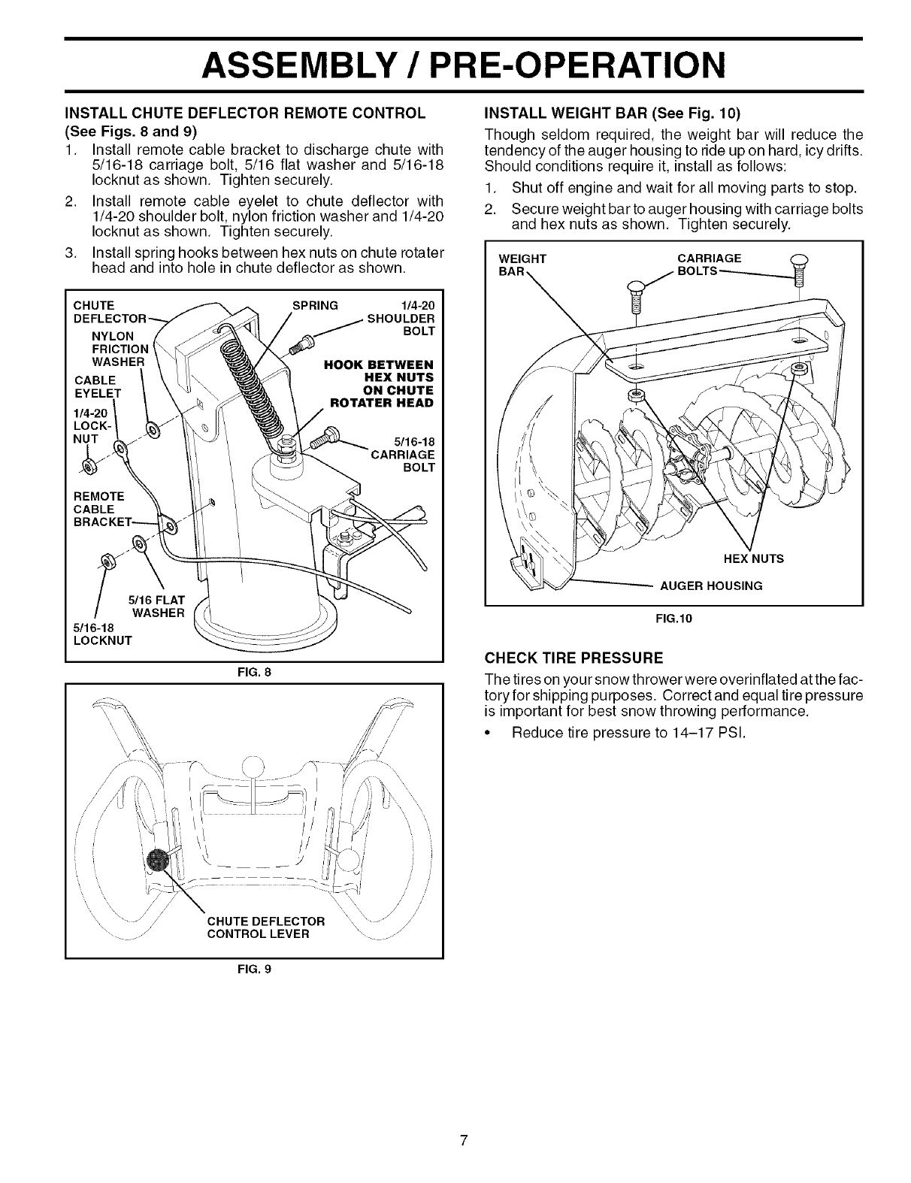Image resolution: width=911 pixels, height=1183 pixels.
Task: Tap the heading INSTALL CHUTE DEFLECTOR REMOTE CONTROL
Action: click(246, 113)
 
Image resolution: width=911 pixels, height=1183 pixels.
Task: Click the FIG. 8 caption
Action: click(254, 672)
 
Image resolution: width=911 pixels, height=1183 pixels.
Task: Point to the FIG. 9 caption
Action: click(254, 969)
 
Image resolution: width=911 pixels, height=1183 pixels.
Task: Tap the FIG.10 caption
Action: click(673, 619)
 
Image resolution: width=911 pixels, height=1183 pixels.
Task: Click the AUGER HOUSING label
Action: click(711, 585)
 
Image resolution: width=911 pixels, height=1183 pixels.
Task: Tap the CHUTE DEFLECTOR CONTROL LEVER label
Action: click(265, 927)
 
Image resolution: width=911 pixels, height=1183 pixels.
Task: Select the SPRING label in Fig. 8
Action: click(315, 306)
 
